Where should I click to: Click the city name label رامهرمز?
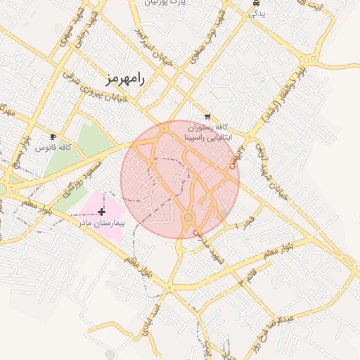tap(126, 78)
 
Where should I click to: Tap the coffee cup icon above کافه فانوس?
tap(53, 136)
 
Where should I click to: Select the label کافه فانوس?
tap(56, 148)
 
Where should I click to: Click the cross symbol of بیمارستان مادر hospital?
tap(102, 211)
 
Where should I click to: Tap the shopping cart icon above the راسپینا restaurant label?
tap(207, 117)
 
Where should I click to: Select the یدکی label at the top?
tap(258, 13)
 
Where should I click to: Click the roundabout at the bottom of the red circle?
tap(188, 218)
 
